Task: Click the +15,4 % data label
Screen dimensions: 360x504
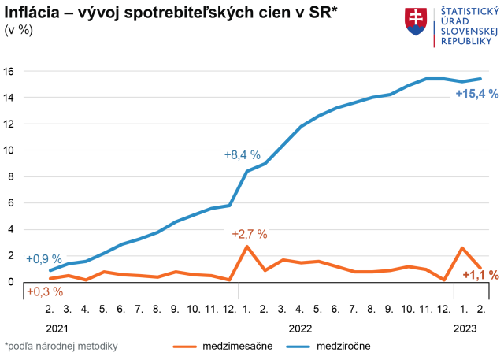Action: pos(477,94)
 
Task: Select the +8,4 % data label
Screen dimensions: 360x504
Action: pos(242,154)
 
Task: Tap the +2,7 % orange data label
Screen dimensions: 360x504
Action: pos(250,234)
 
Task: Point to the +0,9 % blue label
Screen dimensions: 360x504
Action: pos(44,258)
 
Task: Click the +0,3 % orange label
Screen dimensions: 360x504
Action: pos(45,291)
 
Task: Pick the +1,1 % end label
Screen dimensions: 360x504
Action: pos(480,275)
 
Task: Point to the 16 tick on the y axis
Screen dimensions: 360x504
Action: pos(9,71)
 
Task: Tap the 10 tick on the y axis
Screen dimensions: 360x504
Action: pos(9,150)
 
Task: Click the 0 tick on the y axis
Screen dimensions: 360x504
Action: pos(12,281)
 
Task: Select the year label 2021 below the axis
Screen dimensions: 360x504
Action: pos(57,326)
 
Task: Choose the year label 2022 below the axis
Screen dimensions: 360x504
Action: pos(302,326)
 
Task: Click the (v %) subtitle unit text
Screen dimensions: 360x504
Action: pos(19,30)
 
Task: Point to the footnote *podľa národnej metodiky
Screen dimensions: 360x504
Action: pos(61,345)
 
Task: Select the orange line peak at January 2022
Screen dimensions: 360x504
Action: pos(247,247)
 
